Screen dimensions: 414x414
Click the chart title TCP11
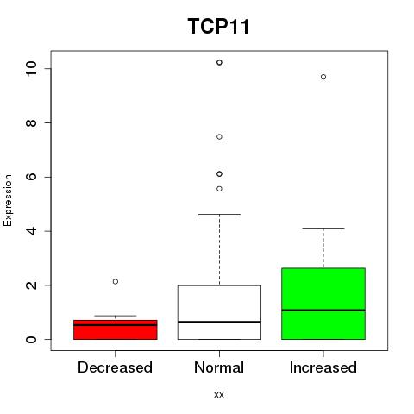[x=218, y=26]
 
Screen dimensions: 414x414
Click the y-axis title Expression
[x=8, y=200]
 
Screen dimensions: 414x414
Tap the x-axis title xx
[x=219, y=394]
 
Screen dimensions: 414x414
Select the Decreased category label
[x=115, y=367]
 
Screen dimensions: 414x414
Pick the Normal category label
[x=219, y=367]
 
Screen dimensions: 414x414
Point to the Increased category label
[x=323, y=367]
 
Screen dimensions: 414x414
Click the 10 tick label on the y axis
[x=31, y=68]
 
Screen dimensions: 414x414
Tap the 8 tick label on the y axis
[x=31, y=122]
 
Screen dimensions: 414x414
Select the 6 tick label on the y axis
[x=31, y=177]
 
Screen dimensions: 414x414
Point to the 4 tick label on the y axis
[x=31, y=231]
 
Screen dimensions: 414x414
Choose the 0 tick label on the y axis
[x=31, y=339]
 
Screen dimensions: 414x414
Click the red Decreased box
[x=116, y=329]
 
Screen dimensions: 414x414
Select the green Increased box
[x=323, y=304]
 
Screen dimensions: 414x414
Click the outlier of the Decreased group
[x=116, y=281]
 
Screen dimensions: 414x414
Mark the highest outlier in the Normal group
[x=219, y=62]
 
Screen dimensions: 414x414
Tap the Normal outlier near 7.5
[x=219, y=137]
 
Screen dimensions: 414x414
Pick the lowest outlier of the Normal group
[x=219, y=189]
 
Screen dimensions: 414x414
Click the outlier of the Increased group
[x=323, y=77]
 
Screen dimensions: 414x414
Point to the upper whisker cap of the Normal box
[x=219, y=214]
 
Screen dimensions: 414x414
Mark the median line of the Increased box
[x=323, y=310]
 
